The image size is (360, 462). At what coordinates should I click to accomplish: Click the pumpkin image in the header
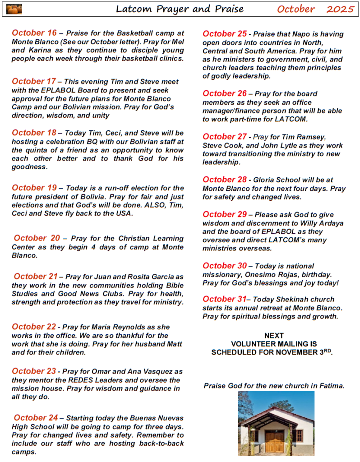click(14, 9)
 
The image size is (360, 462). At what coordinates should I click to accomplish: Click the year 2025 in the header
click(341, 9)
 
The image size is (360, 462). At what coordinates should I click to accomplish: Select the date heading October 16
click(34, 32)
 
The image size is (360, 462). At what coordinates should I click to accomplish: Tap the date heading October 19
click(34, 188)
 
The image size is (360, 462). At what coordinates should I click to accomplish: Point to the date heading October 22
click(34, 327)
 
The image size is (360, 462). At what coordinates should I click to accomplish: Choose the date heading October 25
click(225, 33)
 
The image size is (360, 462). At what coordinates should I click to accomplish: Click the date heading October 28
click(225, 180)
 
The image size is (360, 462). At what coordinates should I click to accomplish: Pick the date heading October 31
click(224, 299)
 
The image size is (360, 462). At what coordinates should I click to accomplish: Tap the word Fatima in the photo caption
click(331, 386)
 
